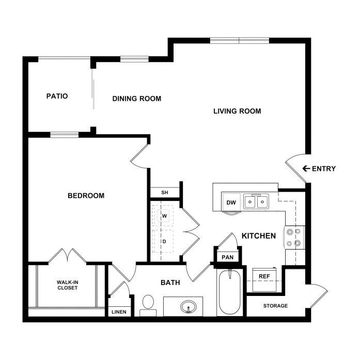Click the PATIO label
coord(57,96)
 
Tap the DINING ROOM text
coord(137,99)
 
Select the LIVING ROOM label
coord(237,111)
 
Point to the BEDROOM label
coord(86,196)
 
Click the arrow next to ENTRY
coord(306,168)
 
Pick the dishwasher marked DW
coord(231,202)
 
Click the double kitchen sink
coord(256,201)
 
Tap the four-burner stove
coord(295,238)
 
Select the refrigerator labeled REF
coord(264,279)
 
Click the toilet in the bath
coord(148,306)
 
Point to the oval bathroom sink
coord(189,307)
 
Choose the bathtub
coord(230,292)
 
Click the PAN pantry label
coord(228,257)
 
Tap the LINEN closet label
coord(119,312)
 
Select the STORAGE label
coord(275,306)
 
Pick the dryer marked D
coord(164,241)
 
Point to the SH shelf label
coord(165,193)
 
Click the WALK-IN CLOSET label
coord(68,285)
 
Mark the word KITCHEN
coord(259,236)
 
